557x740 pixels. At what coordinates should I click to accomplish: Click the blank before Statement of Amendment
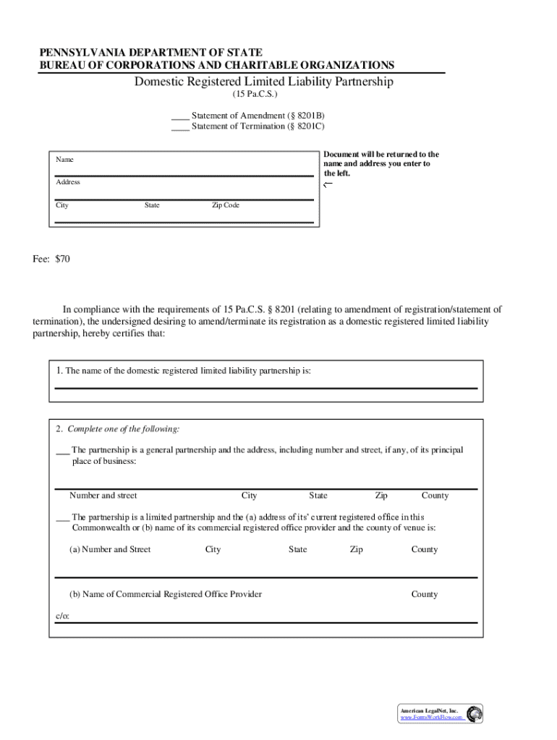(180, 116)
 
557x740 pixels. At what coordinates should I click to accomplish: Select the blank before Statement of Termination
(180, 127)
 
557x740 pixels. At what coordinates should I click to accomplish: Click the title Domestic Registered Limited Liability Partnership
(263, 82)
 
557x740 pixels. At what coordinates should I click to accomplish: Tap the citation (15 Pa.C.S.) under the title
(255, 95)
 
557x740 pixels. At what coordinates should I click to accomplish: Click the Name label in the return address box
(65, 159)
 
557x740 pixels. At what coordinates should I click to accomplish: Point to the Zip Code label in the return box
(225, 205)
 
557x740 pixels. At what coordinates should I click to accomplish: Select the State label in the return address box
(152, 205)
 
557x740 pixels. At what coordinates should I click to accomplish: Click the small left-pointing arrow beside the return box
(328, 185)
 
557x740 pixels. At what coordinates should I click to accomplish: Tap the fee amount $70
(62, 258)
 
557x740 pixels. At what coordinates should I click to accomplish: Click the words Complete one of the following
(123, 429)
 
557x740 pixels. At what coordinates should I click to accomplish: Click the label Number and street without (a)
(103, 496)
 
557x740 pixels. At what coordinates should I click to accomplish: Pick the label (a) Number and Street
(110, 549)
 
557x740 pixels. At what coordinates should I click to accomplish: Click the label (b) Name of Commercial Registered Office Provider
(166, 594)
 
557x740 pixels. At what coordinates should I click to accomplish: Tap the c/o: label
(64, 616)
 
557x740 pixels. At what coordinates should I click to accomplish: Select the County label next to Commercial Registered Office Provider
(425, 594)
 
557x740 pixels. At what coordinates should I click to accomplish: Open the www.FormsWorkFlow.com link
(432, 718)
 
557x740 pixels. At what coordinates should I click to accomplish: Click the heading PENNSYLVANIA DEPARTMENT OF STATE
(150, 53)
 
